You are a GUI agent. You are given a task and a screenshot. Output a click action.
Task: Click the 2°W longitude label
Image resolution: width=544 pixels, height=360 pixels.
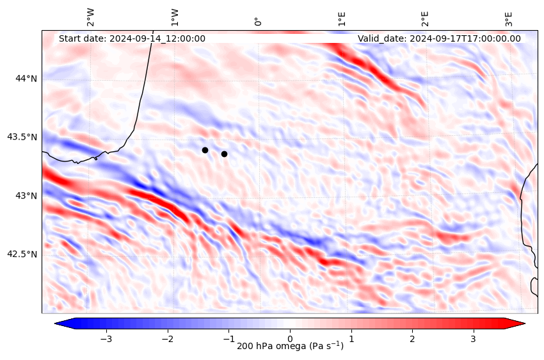point(91,17)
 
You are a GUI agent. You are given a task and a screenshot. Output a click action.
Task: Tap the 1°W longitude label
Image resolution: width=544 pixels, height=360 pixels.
point(175,17)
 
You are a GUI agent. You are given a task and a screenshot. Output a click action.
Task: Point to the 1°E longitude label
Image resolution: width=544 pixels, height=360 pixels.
point(342,18)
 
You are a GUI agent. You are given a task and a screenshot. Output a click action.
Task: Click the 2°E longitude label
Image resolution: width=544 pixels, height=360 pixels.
point(425,18)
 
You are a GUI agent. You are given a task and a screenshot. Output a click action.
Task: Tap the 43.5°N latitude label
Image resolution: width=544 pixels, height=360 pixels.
point(22,137)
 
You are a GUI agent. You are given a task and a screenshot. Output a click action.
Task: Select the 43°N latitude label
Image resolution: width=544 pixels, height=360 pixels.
point(26,195)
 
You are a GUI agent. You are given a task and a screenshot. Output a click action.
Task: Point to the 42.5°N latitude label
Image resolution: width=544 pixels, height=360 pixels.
point(22,254)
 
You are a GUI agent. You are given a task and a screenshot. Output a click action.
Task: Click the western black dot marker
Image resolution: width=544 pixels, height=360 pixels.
point(205,150)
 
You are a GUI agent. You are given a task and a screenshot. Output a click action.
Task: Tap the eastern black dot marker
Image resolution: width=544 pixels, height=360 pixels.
point(224,154)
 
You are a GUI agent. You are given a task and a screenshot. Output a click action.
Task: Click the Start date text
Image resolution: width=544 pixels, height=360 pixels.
point(132,38)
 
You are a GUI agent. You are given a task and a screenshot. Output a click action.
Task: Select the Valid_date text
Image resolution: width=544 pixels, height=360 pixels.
point(439,38)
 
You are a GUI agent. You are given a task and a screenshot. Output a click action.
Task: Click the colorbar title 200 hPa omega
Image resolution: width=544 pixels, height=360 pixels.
point(290,347)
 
